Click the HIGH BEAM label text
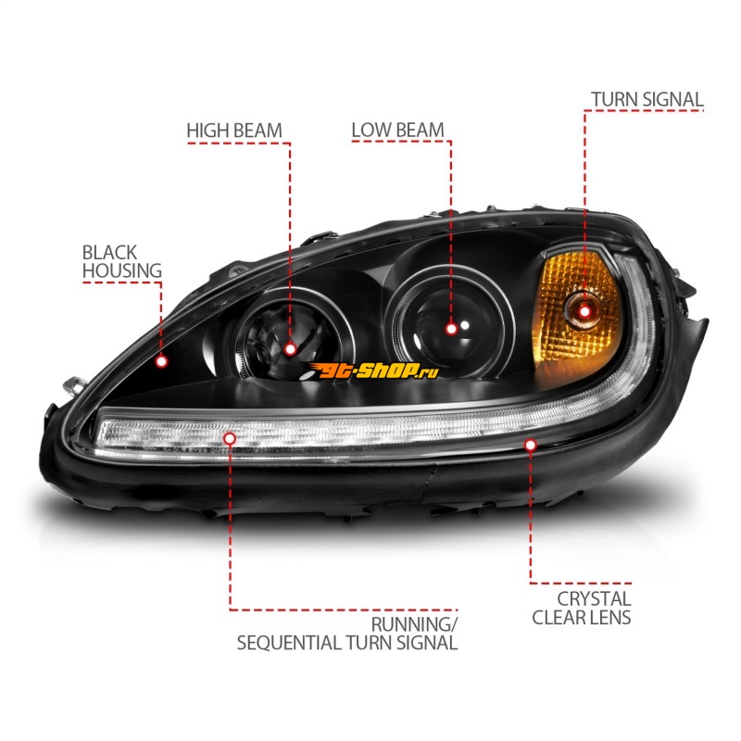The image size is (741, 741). [x=234, y=131]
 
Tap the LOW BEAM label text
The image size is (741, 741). [x=398, y=131]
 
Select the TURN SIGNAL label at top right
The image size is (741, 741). [x=647, y=100]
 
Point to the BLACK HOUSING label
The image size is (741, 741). [x=122, y=261]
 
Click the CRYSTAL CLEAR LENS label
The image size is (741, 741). [x=582, y=609]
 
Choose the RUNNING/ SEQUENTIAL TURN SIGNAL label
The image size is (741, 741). [x=347, y=634]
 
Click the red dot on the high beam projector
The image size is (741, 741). [x=290, y=349]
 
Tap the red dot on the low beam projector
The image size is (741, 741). [x=451, y=329]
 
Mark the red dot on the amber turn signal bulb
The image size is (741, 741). [x=584, y=311]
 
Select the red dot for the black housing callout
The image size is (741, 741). [x=161, y=361]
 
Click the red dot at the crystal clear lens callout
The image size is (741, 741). [x=530, y=445]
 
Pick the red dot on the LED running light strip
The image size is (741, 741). [x=230, y=438]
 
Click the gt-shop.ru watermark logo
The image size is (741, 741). [x=372, y=371]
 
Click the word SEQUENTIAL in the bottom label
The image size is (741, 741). [x=289, y=643]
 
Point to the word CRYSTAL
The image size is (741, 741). [x=594, y=599]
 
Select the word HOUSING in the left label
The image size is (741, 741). [x=122, y=270]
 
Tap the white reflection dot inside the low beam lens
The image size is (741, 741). [x=465, y=325]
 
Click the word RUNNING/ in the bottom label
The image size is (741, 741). [x=414, y=624]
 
